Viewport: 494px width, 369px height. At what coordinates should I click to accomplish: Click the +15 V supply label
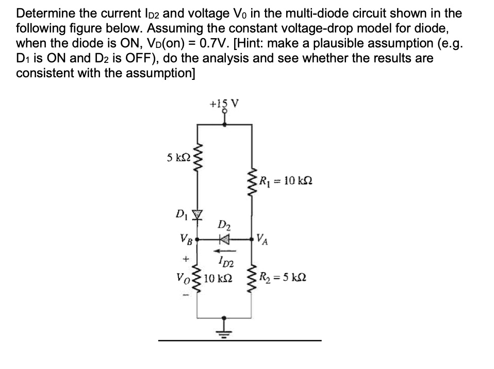224,103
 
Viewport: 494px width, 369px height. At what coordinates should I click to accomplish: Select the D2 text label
225,224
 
